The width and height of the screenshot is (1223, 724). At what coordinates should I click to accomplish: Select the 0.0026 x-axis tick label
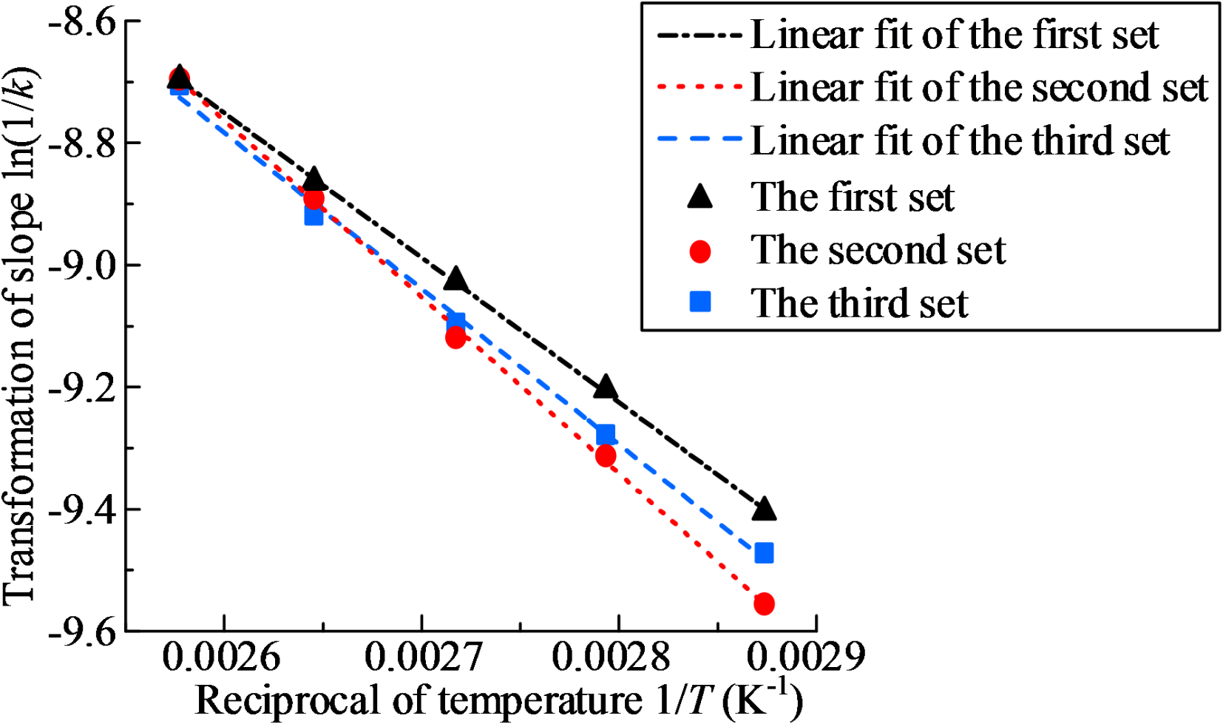(221, 657)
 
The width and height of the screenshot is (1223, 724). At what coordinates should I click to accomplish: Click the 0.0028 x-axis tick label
(611, 657)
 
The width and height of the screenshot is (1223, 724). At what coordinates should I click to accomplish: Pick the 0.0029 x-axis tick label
(805, 657)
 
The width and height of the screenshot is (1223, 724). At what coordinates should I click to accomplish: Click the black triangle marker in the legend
(699, 197)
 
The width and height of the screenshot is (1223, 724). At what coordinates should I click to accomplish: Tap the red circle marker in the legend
(699, 251)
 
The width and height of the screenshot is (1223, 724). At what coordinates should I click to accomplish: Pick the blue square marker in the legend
(699, 302)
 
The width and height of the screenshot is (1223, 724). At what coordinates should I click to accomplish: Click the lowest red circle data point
(764, 603)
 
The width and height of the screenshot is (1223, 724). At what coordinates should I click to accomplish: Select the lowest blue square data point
(764, 552)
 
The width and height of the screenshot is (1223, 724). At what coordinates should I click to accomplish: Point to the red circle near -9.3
(606, 456)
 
